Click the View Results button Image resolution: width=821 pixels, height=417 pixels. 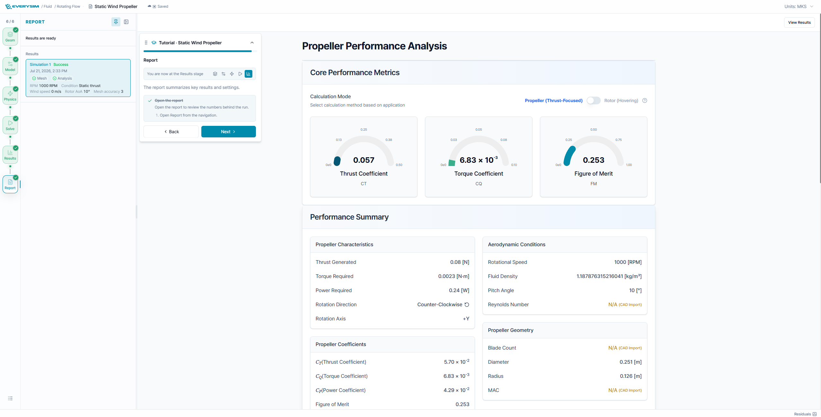(799, 22)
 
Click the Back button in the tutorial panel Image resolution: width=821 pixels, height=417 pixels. (171, 132)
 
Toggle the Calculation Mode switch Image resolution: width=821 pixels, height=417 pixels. (593, 100)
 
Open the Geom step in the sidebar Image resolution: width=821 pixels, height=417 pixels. (10, 36)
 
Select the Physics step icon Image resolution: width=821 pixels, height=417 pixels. (10, 95)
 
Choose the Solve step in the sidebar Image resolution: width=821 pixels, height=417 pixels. (10, 125)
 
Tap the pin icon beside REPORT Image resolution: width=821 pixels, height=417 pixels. (116, 22)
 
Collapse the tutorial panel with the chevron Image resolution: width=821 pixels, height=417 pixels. (252, 43)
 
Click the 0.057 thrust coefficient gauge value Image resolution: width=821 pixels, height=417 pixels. (364, 160)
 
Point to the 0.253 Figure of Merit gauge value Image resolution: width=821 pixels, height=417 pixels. (594, 160)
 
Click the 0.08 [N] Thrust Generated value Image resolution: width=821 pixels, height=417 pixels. (460, 262)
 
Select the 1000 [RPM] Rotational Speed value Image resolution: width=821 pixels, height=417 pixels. (628, 262)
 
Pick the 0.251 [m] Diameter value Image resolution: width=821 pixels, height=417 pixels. (631, 362)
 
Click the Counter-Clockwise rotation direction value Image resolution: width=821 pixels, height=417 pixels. (443, 304)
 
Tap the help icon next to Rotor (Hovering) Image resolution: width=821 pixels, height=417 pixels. (645, 100)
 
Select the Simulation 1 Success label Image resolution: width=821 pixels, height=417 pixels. (49, 65)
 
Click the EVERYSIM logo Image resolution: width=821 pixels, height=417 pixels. (22, 6)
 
